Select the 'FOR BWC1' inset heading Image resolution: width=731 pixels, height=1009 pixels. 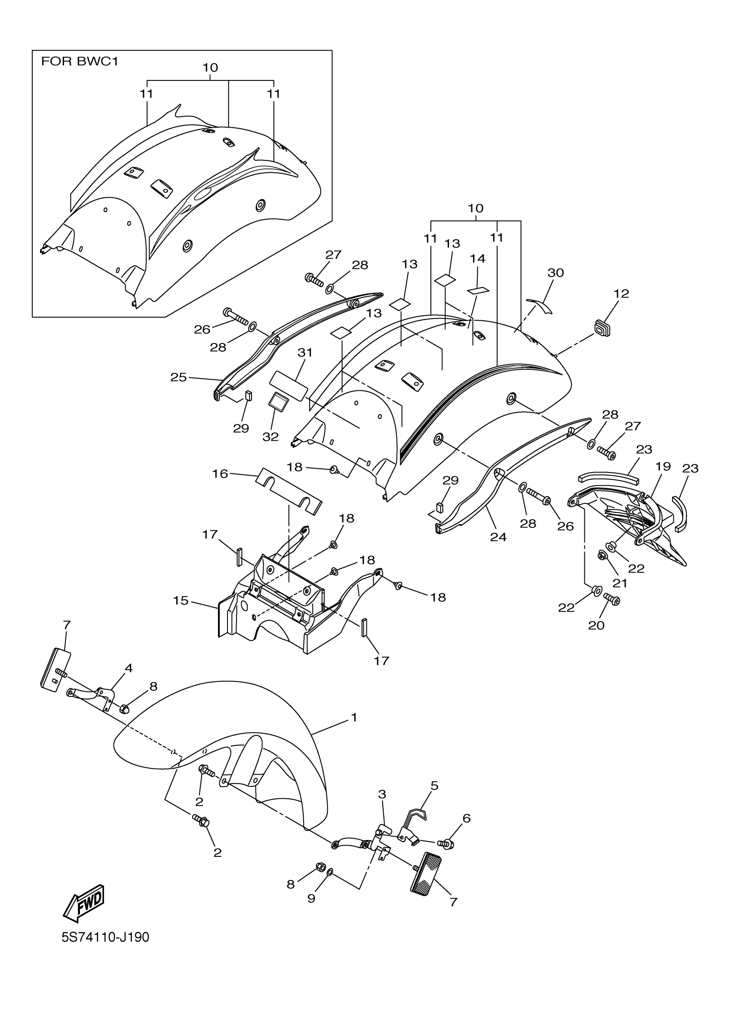click(x=80, y=61)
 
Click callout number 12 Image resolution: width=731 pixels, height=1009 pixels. click(x=621, y=294)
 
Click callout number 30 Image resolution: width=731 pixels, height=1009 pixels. click(x=556, y=272)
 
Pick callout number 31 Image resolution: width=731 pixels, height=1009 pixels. click(x=305, y=353)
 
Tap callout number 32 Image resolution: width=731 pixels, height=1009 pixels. click(x=270, y=436)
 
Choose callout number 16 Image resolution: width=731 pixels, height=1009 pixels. click(x=220, y=474)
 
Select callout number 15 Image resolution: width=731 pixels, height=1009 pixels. click(x=181, y=601)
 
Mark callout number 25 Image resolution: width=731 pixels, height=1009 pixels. click(x=178, y=377)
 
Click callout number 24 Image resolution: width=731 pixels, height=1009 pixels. click(x=498, y=537)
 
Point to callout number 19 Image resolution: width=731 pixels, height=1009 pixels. click(x=663, y=466)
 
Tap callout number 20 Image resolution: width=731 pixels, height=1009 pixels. click(x=596, y=625)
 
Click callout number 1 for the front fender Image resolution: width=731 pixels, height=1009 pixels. click(x=354, y=717)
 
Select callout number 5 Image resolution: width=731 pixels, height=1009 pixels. click(x=434, y=798)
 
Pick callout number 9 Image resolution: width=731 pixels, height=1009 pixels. click(x=311, y=898)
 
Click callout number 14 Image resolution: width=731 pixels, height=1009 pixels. click(x=477, y=258)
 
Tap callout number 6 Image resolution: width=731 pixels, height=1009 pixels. click(x=466, y=818)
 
